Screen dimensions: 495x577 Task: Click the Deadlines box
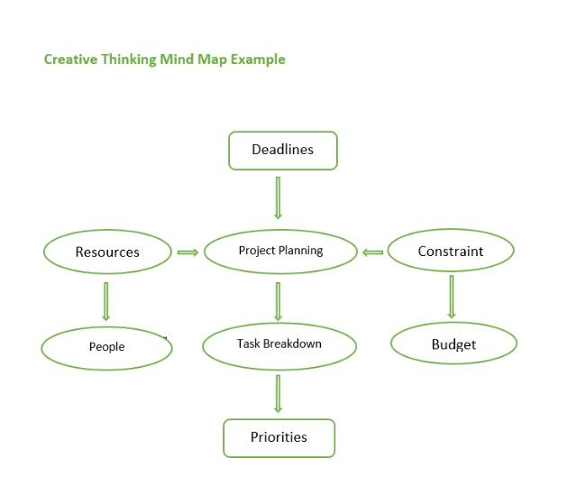tap(282, 151)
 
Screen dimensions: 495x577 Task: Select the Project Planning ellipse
tap(280, 251)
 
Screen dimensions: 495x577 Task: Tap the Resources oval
tap(107, 252)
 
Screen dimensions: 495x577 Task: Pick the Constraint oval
tap(450, 252)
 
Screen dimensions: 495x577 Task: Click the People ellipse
tap(106, 347)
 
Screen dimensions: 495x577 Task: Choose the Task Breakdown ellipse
tap(279, 344)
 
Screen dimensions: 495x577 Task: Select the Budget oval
tap(453, 344)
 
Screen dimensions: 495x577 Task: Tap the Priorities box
tap(279, 437)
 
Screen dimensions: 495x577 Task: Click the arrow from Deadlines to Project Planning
tap(278, 197)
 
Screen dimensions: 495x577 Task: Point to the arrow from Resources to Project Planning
tap(188, 252)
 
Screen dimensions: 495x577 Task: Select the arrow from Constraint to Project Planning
tap(372, 252)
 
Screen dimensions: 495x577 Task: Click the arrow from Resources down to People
tap(106, 301)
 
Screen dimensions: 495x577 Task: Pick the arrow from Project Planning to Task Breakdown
tap(278, 301)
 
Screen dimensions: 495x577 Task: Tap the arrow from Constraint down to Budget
tap(451, 296)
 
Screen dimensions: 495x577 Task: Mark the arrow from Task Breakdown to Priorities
tap(278, 394)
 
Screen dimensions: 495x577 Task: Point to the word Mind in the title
tap(178, 60)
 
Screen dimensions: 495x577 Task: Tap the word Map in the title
tap(213, 60)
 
